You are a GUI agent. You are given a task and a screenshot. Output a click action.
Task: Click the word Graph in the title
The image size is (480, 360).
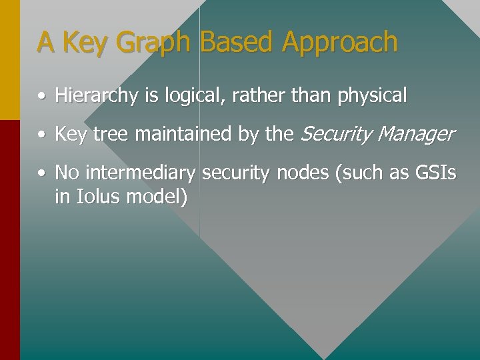tap(153, 42)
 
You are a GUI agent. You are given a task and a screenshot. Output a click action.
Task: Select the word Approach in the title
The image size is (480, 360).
tap(339, 42)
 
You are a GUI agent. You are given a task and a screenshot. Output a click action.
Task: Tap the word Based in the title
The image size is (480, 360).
tap(236, 42)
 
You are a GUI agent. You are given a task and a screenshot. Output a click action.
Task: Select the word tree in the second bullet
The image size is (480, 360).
tap(111, 135)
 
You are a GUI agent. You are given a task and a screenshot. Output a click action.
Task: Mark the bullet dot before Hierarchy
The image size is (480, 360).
tap(41, 97)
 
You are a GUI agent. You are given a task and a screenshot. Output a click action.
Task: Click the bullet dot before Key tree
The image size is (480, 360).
tap(41, 135)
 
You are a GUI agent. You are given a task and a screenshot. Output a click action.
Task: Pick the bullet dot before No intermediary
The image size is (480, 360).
tap(41, 174)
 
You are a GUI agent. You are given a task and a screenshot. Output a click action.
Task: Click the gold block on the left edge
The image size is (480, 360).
tap(9, 60)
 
